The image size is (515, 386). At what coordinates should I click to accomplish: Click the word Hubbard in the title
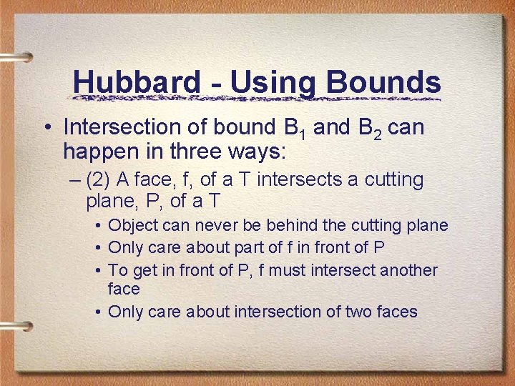click(x=136, y=82)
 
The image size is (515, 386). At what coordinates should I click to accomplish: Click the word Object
click(x=133, y=226)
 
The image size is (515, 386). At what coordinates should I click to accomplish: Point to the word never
click(x=215, y=226)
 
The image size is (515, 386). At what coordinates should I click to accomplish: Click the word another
click(x=408, y=270)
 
